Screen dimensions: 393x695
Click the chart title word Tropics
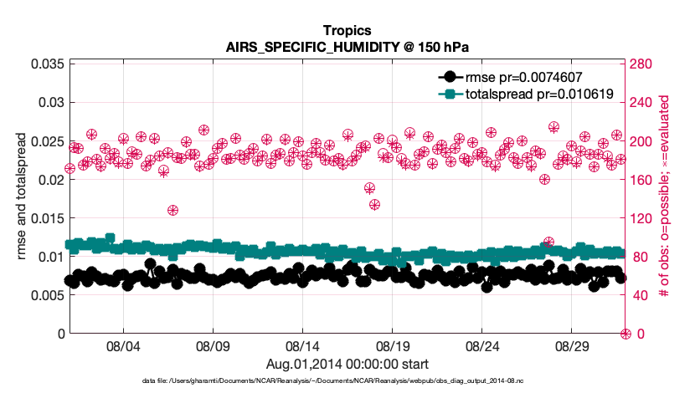347,31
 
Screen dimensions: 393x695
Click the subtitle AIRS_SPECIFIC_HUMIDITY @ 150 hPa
347,47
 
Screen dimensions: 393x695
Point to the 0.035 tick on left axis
47,64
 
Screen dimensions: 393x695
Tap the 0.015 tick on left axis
47,218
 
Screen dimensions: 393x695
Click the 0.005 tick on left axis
47,295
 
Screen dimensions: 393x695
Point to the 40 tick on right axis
636,295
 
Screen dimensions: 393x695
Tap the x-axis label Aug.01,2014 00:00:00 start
347,364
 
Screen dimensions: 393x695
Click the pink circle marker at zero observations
625,334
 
